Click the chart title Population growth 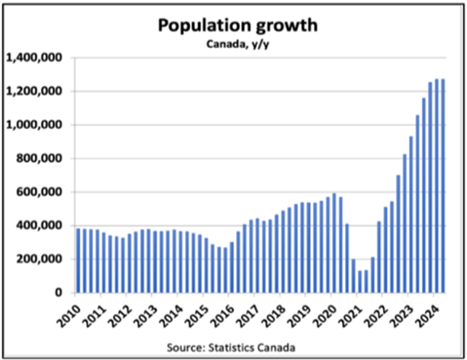coord(237,26)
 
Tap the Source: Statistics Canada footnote coord(231,347)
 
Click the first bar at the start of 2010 coord(78,260)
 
